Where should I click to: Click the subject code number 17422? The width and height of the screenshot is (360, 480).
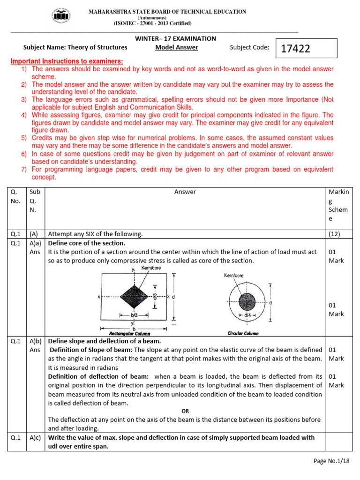(x=296, y=49)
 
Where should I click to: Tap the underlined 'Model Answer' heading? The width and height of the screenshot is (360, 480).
(x=176, y=47)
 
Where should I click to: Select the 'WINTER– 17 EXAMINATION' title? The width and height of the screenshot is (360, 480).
(x=176, y=38)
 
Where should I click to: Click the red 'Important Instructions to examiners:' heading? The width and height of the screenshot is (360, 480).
(x=67, y=61)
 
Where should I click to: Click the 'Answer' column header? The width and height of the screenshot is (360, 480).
(x=185, y=192)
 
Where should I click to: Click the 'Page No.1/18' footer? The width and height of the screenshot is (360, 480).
(x=331, y=461)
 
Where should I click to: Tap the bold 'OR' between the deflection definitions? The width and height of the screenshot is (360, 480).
(x=185, y=411)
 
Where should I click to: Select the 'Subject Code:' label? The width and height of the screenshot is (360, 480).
(x=249, y=47)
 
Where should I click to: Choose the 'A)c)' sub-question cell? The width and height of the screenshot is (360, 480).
(x=36, y=437)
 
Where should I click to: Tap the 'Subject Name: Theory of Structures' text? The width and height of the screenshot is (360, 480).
(x=75, y=47)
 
